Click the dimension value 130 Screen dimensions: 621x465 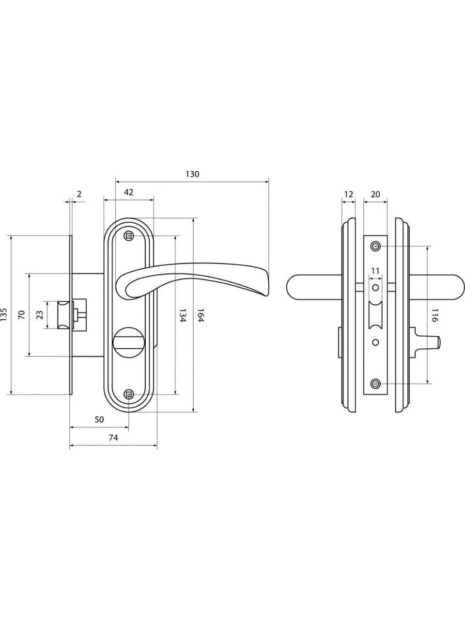[192, 174]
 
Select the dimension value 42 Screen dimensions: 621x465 [128, 192]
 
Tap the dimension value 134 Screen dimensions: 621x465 [182, 316]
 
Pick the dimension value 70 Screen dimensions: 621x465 [21, 315]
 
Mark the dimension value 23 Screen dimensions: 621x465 [40, 315]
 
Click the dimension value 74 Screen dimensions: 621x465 [113, 438]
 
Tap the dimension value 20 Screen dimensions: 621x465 [375, 195]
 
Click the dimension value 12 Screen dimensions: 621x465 [348, 195]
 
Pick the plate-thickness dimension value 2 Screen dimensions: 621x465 [79, 194]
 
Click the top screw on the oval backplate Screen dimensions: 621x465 [129, 236]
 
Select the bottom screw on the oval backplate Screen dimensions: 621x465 [129, 394]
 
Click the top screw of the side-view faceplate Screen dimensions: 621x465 [375, 246]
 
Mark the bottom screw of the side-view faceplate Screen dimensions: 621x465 [375, 384]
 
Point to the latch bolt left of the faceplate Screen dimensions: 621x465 [64, 315]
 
